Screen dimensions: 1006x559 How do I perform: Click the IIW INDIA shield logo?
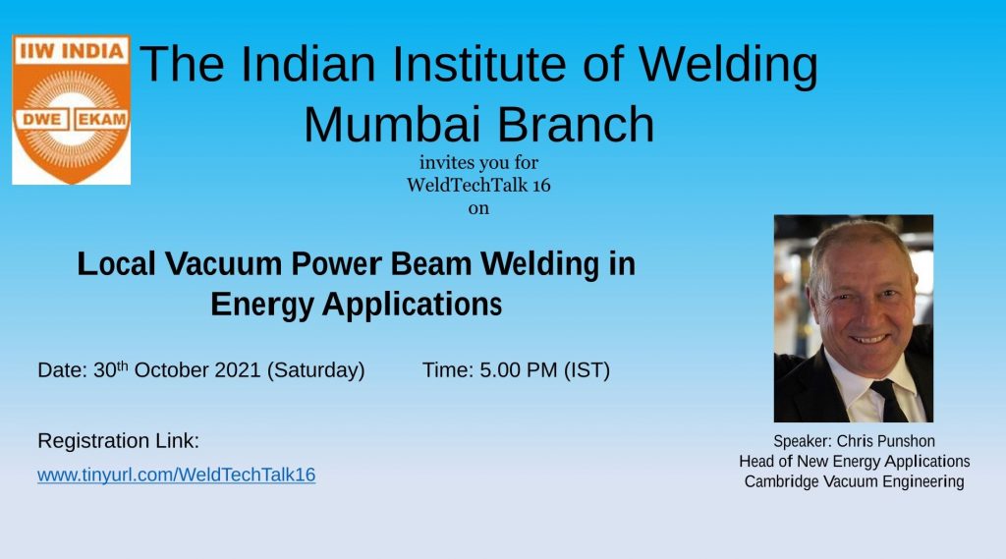(x=71, y=110)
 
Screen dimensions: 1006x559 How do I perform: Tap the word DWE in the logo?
(x=41, y=120)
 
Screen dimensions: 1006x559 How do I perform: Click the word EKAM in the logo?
(x=102, y=120)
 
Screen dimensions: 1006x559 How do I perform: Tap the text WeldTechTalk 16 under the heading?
(x=478, y=185)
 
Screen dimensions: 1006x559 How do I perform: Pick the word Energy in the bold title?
(x=261, y=306)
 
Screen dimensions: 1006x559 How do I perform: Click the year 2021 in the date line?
(x=238, y=370)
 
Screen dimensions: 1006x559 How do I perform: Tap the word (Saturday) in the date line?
(x=315, y=371)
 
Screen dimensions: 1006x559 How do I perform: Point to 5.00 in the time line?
(x=500, y=370)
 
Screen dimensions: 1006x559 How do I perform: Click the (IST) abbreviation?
(x=587, y=371)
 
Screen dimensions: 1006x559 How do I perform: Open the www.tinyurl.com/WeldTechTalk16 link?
(x=177, y=475)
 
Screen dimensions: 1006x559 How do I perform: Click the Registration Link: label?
(x=119, y=441)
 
